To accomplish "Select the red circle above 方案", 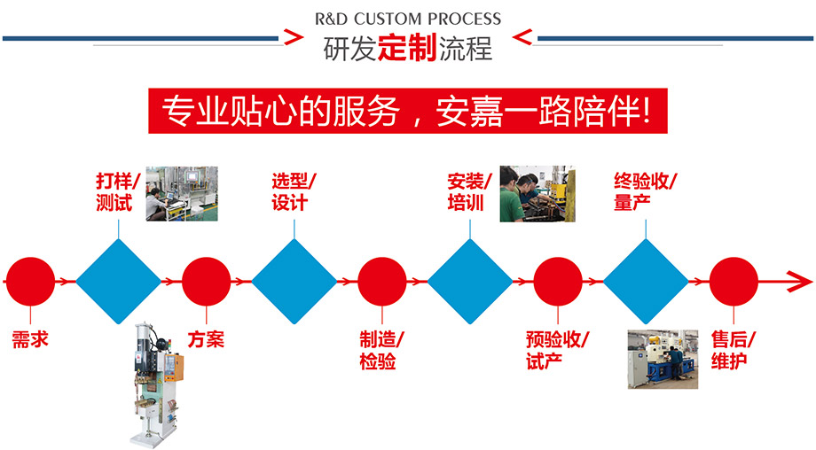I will [x=206, y=282].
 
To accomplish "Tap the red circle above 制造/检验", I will [x=382, y=282].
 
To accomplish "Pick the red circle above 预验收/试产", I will [x=558, y=282].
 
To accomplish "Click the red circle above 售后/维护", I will [x=734, y=282].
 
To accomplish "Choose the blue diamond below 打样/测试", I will [x=118, y=282].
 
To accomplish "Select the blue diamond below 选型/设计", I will [x=294, y=282].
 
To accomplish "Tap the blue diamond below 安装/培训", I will [x=470, y=282].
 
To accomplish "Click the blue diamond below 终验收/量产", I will [x=646, y=282].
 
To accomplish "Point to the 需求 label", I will [x=29, y=340].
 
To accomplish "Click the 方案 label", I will [x=206, y=340].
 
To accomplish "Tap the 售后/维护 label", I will [x=733, y=351].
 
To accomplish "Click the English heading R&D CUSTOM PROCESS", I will [x=407, y=19].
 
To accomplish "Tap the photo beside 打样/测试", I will [x=181, y=192].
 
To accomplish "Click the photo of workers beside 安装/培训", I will [x=537, y=193].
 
